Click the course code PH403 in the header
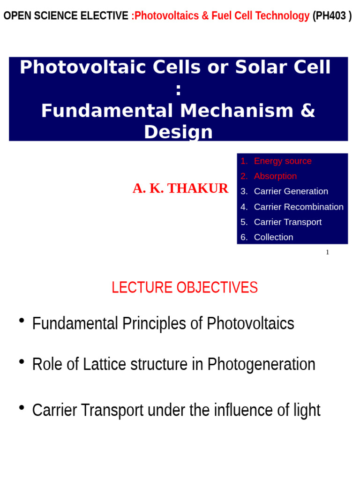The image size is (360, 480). (332, 16)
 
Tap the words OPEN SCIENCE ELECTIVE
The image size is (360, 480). (66, 16)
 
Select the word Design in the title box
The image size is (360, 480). (178, 132)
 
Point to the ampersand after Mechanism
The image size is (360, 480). (307, 111)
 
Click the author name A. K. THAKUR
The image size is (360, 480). (180, 188)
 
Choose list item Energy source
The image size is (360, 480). (282, 161)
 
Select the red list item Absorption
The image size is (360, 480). (275, 176)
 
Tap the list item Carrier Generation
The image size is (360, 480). (291, 191)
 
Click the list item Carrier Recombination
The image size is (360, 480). (298, 207)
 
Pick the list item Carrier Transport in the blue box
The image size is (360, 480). (287, 222)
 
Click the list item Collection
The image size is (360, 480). (273, 237)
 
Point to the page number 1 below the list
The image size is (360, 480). (327, 252)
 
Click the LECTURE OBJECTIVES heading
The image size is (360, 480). (184, 287)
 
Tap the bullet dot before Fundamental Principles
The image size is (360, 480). (22, 320)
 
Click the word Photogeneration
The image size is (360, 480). (261, 364)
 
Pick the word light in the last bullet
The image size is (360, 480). (307, 410)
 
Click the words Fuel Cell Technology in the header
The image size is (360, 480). (260, 16)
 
